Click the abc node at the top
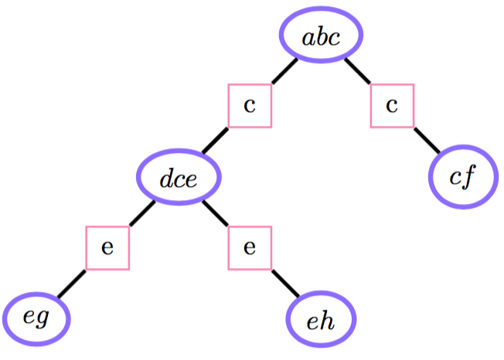click(321, 37)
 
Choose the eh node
click(321, 320)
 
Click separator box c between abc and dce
click(250, 106)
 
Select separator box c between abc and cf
click(392, 106)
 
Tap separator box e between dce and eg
click(107, 248)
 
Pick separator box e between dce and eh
click(250, 248)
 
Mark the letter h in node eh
click(327, 320)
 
